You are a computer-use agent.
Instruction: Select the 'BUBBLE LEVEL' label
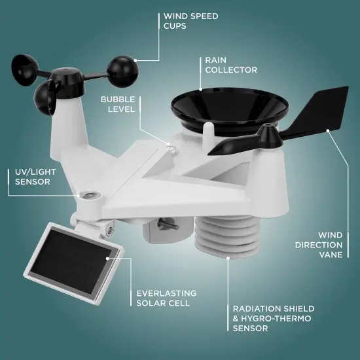[x=117, y=104]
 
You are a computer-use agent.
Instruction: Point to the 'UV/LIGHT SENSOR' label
[x=32, y=176]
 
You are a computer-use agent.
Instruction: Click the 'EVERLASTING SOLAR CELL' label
[x=163, y=298]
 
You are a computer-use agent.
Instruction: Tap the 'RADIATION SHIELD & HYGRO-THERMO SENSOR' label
[x=274, y=318]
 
